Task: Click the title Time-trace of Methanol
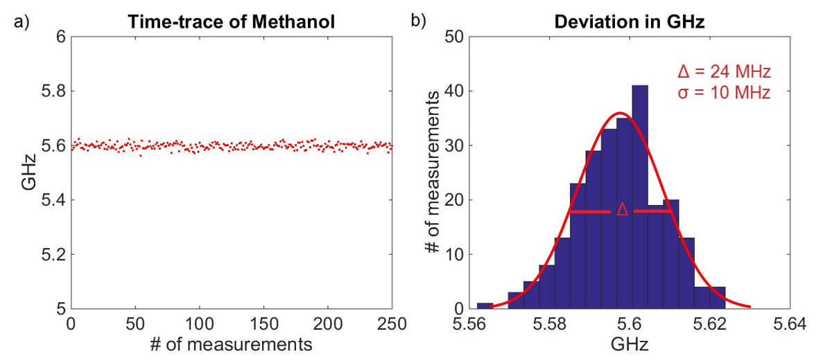tap(232, 22)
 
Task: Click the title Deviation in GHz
tap(629, 22)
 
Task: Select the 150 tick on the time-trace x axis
tap(263, 324)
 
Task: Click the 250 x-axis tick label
tap(392, 324)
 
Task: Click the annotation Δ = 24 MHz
tap(723, 71)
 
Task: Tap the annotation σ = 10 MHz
tap(723, 92)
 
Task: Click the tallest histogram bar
tap(640, 197)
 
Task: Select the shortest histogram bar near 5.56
tap(485, 306)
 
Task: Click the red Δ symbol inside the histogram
tap(622, 211)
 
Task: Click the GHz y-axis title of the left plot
tap(28, 172)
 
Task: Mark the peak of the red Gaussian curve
tap(621, 113)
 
